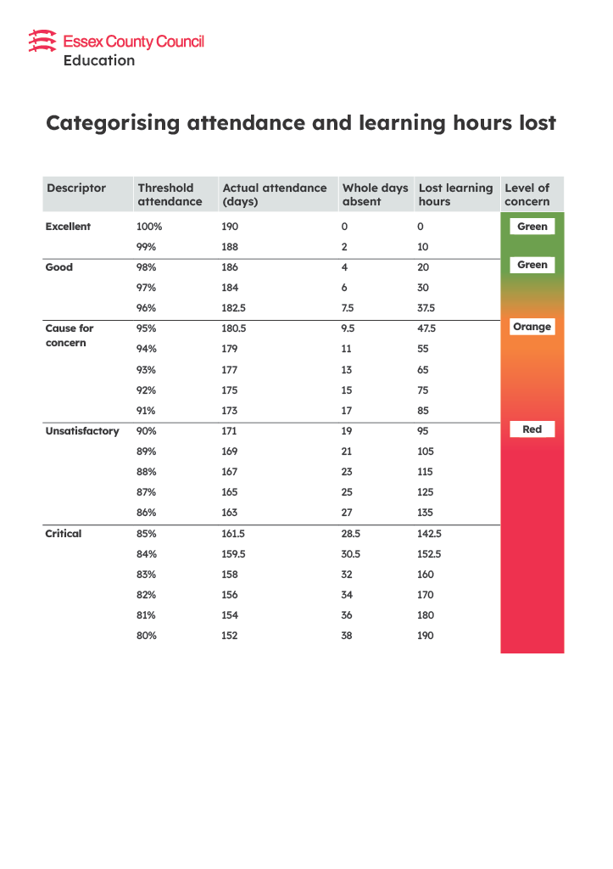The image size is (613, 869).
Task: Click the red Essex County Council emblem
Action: [x=42, y=41]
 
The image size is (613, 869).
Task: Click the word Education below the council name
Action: [x=98, y=61]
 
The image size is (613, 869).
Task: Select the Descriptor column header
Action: [x=76, y=188]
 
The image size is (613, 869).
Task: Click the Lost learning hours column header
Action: [x=455, y=194]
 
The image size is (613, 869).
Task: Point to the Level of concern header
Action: [x=527, y=194]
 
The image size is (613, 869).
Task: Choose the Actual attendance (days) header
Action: [x=274, y=194]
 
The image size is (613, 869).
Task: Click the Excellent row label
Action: [x=68, y=227]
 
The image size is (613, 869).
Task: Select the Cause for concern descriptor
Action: [x=70, y=335]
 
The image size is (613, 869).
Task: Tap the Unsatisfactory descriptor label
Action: [x=82, y=431]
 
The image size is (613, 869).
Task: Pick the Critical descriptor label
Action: [x=64, y=534]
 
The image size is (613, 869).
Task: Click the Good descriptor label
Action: [x=59, y=267]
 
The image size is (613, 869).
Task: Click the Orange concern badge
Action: [x=532, y=327]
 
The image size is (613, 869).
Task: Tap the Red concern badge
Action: [x=532, y=429]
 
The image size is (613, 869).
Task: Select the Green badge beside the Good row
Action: [x=532, y=265]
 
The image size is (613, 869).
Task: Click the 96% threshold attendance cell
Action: [x=148, y=308]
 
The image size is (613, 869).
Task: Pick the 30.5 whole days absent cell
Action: [x=351, y=554]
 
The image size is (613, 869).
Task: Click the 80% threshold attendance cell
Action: [x=148, y=636]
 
